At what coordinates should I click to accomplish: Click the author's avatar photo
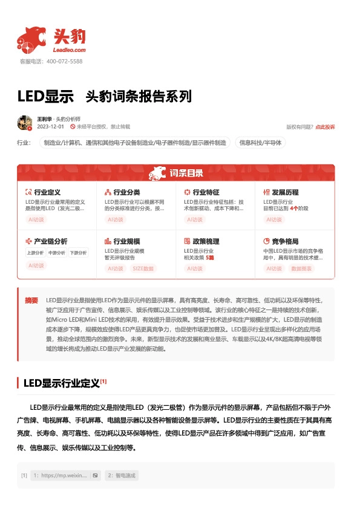click(x=25, y=123)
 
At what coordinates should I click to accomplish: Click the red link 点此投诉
click(x=325, y=127)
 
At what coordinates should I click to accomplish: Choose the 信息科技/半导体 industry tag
click(x=260, y=143)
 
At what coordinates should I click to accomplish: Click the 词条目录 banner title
click(x=186, y=173)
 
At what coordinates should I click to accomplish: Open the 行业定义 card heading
click(x=47, y=192)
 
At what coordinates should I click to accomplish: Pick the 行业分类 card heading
click(x=126, y=192)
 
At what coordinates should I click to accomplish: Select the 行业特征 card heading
click(x=206, y=192)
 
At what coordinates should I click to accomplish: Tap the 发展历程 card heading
click(x=285, y=192)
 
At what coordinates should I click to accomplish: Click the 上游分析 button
click(x=36, y=253)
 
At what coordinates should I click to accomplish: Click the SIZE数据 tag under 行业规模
click(x=143, y=268)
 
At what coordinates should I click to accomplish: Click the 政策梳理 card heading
click(x=206, y=241)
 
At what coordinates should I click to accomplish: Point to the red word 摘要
click(x=31, y=300)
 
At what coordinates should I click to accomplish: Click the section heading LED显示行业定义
click(x=61, y=383)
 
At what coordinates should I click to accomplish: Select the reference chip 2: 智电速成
click(x=122, y=475)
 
